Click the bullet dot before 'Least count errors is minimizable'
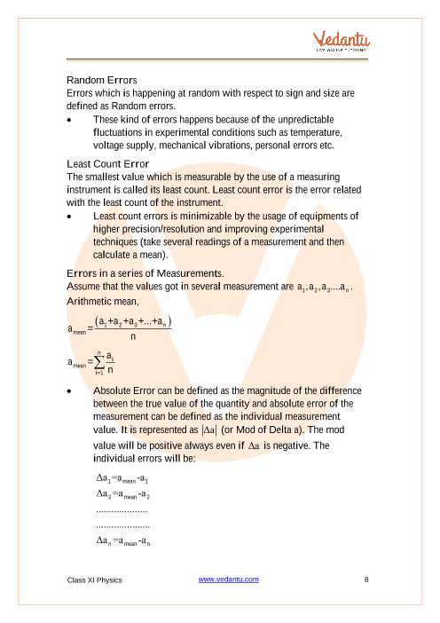coord(70,216)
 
